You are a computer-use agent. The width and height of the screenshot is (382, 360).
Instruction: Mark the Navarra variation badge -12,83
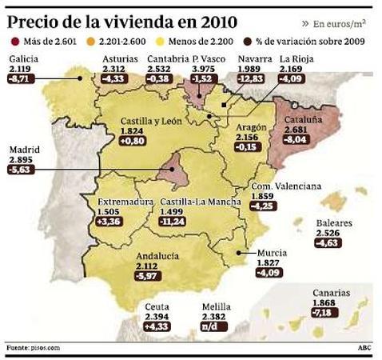click(255, 80)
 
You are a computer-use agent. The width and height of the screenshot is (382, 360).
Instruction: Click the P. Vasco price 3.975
click(205, 70)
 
